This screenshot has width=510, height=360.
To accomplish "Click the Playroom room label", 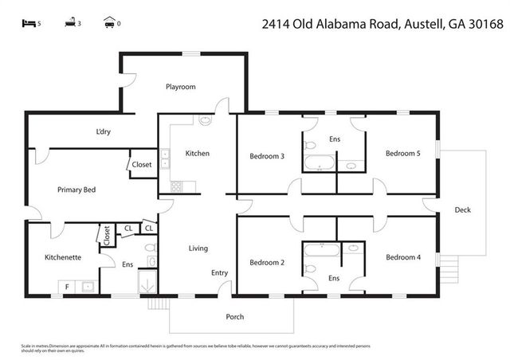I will tap(180, 87).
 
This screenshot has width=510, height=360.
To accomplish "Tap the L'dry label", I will tap(103, 131).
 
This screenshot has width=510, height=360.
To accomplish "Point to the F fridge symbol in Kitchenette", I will tap(67, 286).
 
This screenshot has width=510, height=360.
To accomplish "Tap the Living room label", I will tap(198, 248).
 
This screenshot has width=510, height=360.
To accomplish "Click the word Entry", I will tap(219, 273).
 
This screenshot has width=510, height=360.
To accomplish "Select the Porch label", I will tap(234, 316).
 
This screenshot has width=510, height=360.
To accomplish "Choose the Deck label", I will tap(462, 210).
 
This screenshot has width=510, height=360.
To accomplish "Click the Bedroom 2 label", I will tap(267, 262).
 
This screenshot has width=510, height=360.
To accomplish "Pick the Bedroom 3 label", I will tap(267, 156).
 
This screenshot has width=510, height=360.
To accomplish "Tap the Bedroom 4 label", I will tap(402, 257).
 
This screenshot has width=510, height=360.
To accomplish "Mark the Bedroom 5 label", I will tap(402, 153).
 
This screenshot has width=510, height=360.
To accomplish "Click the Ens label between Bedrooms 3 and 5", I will tap(335, 139).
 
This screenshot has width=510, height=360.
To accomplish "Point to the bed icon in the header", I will tap(27, 23).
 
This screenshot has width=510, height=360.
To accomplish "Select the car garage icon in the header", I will tap(109, 23).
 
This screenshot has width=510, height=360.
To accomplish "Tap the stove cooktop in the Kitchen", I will tap(177, 186).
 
